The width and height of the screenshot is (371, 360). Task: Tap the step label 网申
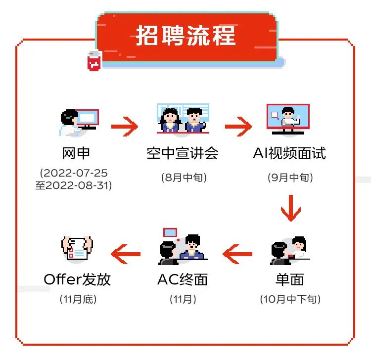(77, 153)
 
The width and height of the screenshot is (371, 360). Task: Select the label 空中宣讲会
(183, 153)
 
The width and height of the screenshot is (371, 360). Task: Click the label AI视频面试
(289, 153)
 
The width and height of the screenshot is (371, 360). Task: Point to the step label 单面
(289, 279)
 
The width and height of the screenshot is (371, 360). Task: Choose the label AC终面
(183, 279)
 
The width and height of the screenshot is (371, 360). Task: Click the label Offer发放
(77, 279)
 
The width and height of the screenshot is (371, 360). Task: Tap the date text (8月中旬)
(184, 177)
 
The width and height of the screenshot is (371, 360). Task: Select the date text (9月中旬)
(290, 177)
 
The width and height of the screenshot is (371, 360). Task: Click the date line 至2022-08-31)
(74, 185)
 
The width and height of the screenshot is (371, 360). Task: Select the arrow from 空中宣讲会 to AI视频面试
(238, 127)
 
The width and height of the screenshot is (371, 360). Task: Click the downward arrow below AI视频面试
(290, 208)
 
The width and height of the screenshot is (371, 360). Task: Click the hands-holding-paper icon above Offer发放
(77, 248)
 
